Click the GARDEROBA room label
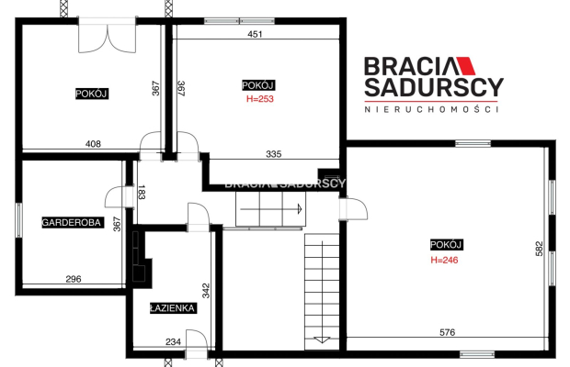point(73,222)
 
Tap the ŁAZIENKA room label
point(173,308)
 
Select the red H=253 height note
point(260,99)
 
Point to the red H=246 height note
point(444,260)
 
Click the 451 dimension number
point(255,34)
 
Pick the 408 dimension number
point(93,144)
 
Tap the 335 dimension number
point(273,154)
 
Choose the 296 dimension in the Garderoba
point(74,279)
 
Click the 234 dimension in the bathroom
point(173,342)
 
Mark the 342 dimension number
point(206,291)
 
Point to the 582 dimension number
point(539,249)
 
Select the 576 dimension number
point(447,332)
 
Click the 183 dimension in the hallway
point(142,192)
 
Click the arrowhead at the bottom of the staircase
point(322,340)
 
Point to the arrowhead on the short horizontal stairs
point(300,209)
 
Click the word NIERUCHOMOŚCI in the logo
point(431,109)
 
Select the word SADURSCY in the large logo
point(434,87)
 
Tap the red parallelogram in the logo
point(466,66)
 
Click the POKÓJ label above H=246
point(446,245)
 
